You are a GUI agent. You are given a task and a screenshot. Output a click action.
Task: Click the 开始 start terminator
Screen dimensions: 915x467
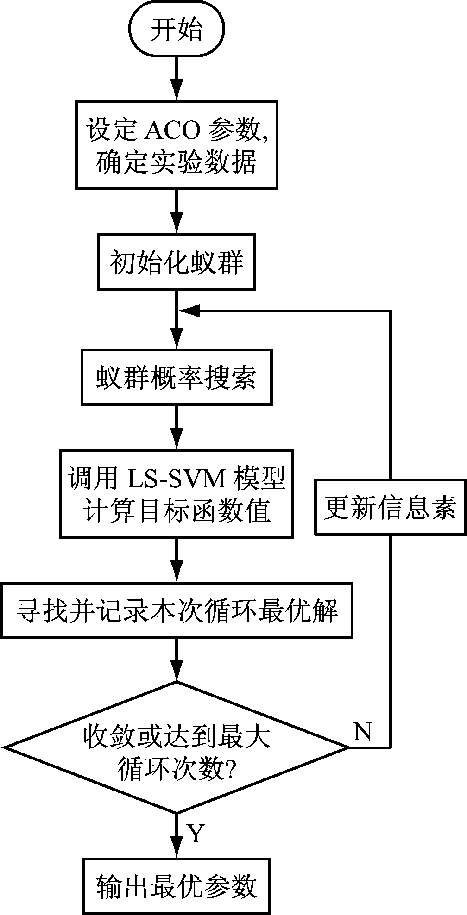pos(177,31)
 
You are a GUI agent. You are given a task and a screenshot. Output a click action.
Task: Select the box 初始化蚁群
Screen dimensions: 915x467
pos(177,262)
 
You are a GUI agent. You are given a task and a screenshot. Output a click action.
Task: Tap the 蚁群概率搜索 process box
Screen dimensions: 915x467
pos(177,377)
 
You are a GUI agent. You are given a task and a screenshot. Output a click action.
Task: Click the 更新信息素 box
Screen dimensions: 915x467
pos(390,508)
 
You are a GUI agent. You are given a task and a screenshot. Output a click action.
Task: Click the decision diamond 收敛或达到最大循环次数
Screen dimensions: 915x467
pos(177,747)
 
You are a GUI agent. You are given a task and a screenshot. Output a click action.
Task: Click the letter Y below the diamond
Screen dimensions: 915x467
pos(196,834)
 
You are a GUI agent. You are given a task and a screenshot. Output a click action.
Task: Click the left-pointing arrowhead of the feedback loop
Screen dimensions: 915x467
pos(190,311)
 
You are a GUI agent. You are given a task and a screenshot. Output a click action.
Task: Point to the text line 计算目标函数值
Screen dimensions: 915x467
pos(177,511)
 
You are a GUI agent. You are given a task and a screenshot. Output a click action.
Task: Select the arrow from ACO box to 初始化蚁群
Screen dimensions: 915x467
pos(177,212)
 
